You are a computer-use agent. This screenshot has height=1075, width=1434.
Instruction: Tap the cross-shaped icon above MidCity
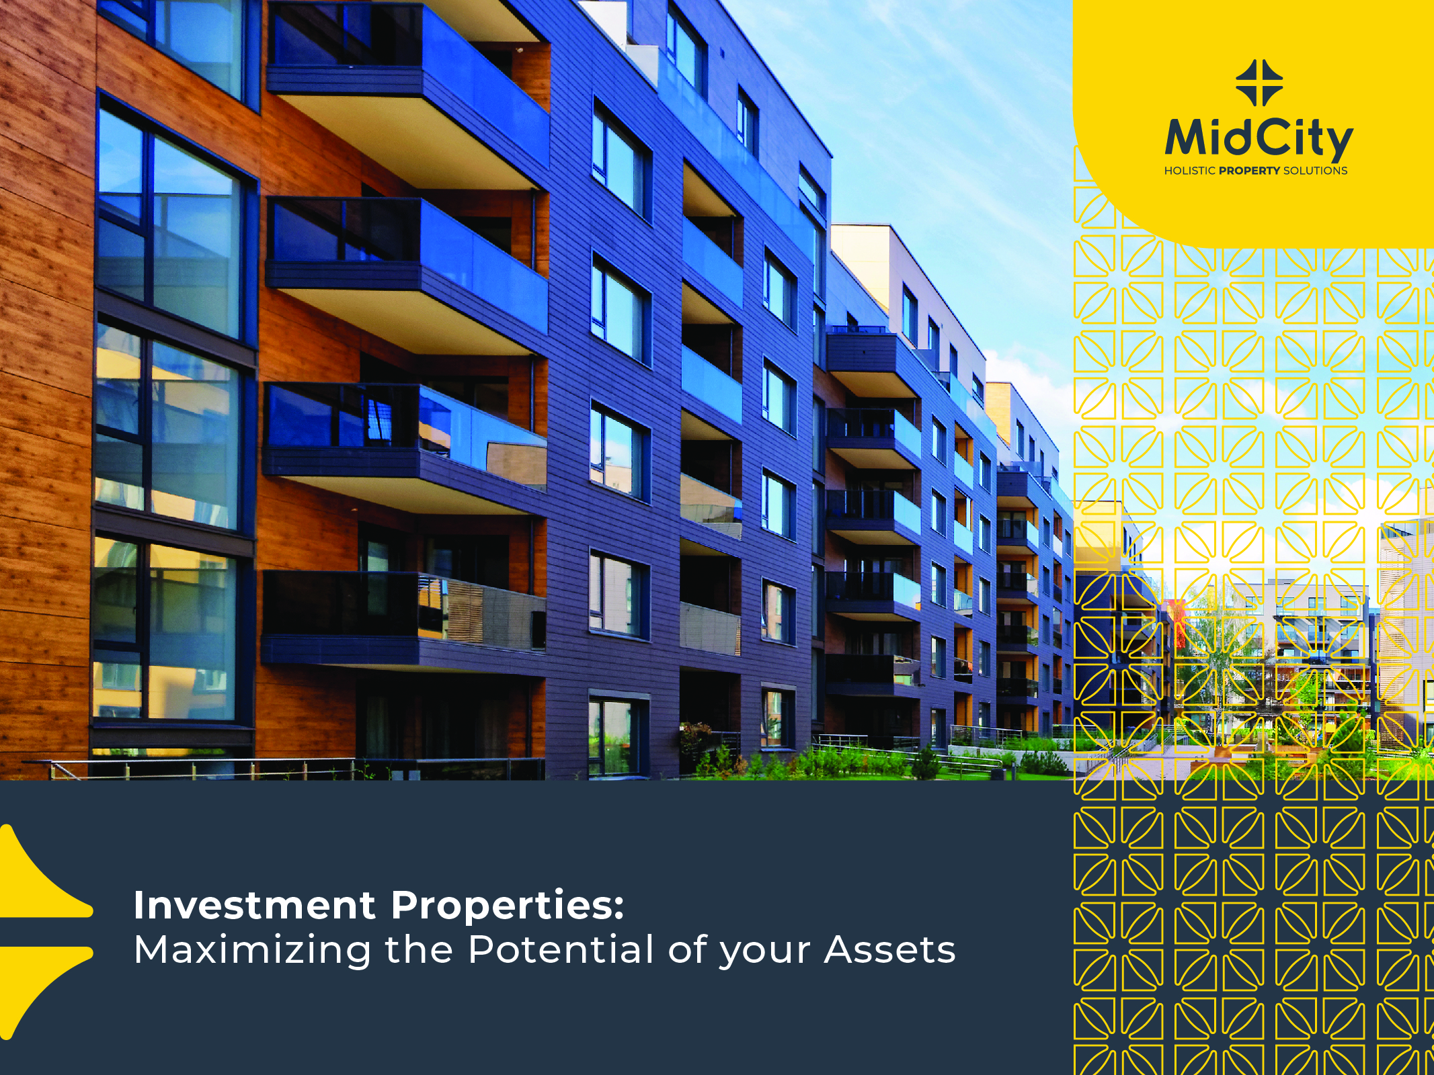click(x=1259, y=83)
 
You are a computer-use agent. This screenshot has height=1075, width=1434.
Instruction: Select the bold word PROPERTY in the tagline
click(x=1250, y=171)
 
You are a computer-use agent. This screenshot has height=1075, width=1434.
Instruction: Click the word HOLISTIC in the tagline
click(x=1190, y=171)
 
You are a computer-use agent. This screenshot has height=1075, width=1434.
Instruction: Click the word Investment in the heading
click(x=255, y=905)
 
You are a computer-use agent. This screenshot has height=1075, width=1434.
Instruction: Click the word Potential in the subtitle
click(x=561, y=949)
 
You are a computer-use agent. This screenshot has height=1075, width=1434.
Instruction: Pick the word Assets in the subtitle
click(x=889, y=950)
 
